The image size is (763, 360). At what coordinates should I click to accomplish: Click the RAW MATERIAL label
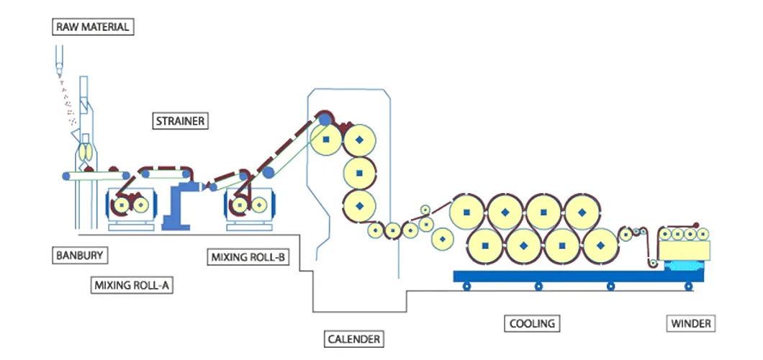93,27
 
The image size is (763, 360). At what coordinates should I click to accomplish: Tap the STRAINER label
181,121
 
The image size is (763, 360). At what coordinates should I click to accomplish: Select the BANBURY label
79,255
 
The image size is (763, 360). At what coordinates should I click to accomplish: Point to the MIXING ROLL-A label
133,285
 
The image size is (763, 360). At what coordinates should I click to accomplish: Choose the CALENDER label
353,338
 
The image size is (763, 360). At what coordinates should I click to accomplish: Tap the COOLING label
532,323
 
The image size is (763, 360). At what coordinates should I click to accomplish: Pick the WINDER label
690,323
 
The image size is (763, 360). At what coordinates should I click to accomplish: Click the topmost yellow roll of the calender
326,138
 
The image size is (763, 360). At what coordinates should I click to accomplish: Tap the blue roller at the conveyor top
325,118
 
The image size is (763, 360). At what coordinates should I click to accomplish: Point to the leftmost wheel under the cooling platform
466,287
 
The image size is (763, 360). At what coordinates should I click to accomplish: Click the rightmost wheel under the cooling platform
688,287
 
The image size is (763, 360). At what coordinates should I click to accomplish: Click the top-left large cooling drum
467,212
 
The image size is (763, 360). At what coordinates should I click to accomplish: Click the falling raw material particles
67,101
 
